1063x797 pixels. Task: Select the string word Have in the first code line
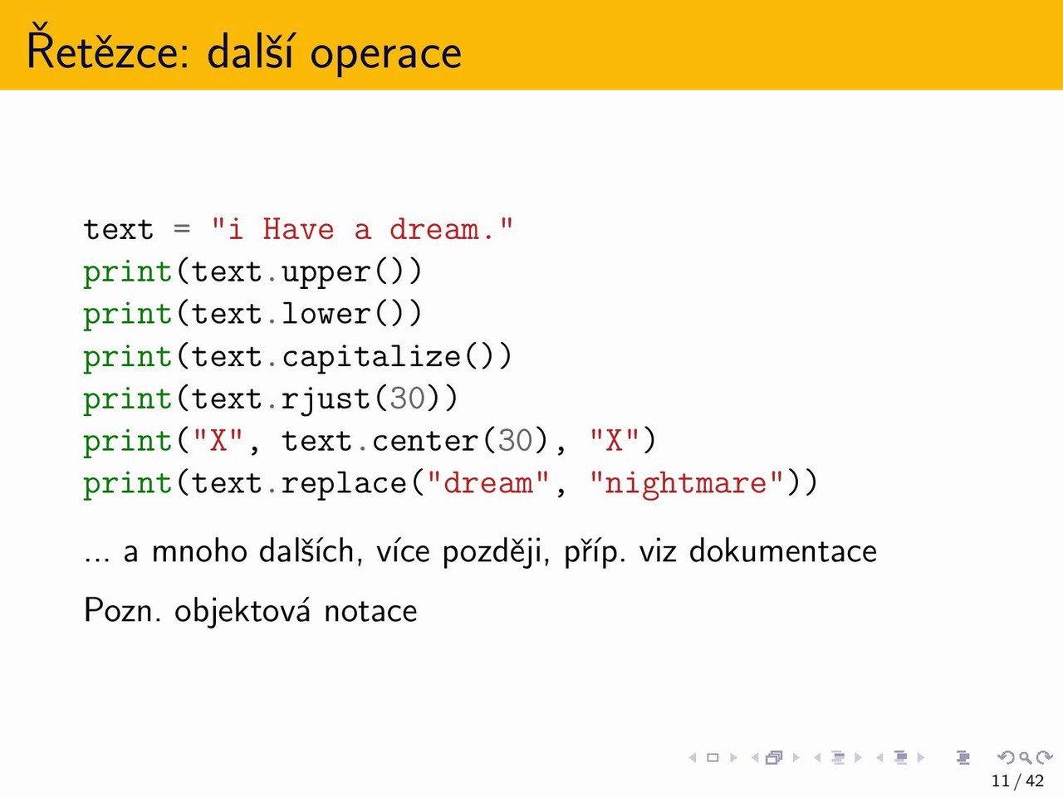tap(298, 229)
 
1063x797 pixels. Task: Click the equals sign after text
tap(182, 228)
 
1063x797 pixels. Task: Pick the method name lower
tap(326, 313)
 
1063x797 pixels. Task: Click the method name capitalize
tap(371, 358)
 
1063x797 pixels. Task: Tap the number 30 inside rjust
tap(407, 398)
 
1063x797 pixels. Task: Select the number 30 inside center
tap(515, 441)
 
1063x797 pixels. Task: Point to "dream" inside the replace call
tap(488, 482)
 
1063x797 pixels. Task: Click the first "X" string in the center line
tap(218, 440)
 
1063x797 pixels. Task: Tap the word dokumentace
tap(782, 550)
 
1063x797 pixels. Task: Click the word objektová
tap(242, 611)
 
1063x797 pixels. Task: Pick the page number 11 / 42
tap(1017, 780)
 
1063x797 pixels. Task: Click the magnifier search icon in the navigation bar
tap(1025, 757)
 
